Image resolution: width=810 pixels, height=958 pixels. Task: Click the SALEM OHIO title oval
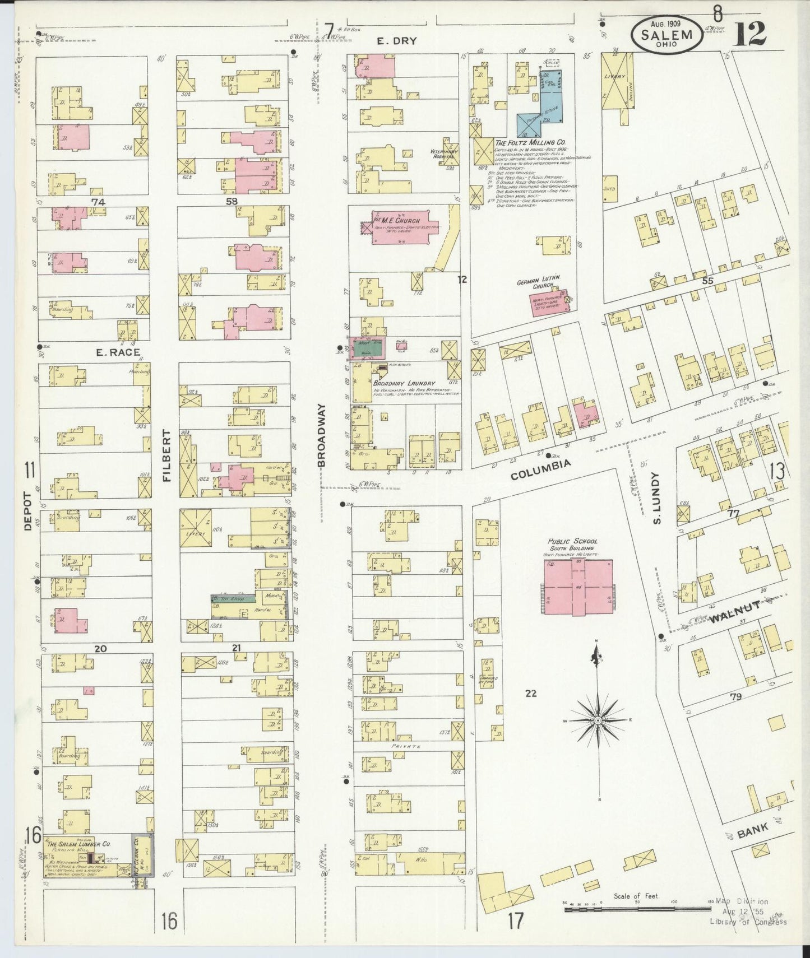[666, 35]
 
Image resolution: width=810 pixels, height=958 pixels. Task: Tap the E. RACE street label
[110, 352]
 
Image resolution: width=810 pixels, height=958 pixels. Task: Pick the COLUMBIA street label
[540, 463]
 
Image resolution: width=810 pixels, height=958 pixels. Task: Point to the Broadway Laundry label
[404, 383]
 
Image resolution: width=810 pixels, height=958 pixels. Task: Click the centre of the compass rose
[598, 719]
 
